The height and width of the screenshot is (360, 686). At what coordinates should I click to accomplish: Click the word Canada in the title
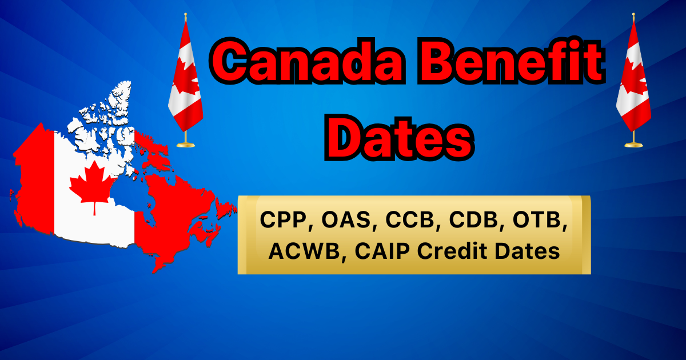(x=306, y=61)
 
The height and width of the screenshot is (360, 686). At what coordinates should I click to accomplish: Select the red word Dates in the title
(x=399, y=138)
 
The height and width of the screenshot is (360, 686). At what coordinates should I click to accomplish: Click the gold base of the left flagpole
(x=186, y=144)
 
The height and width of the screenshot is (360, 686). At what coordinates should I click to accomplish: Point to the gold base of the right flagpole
(x=633, y=144)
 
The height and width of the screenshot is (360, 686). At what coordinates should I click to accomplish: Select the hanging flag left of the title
(x=186, y=77)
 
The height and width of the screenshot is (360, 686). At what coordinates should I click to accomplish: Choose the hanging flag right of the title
(x=633, y=77)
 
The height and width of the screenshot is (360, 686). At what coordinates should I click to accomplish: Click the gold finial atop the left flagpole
(x=186, y=17)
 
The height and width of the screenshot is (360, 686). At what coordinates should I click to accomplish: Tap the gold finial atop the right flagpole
(x=633, y=17)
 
